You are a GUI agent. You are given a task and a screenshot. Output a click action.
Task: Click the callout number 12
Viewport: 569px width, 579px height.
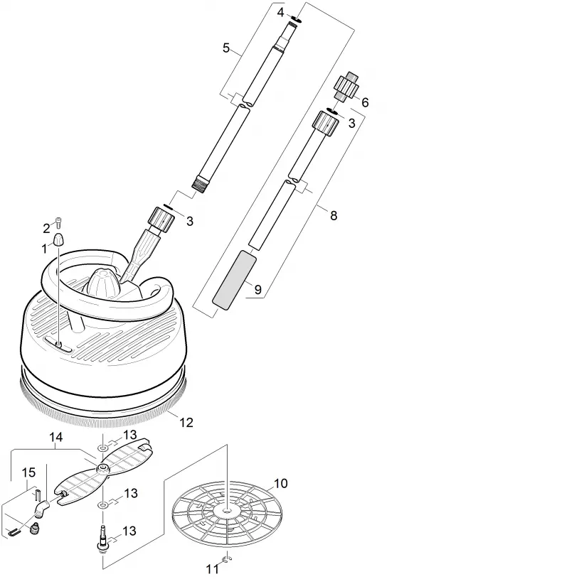pyautogui.click(x=186, y=422)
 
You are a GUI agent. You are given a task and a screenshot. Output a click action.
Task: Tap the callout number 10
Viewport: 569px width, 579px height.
pyautogui.click(x=281, y=483)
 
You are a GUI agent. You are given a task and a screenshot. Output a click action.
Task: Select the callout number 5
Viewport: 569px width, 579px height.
pyautogui.click(x=226, y=48)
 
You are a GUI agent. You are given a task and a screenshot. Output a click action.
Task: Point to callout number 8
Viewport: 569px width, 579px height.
pyautogui.click(x=334, y=215)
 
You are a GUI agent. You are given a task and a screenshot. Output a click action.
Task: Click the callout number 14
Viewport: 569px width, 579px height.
pyautogui.click(x=56, y=437)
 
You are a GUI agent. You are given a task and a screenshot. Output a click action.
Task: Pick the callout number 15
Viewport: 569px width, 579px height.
pyautogui.click(x=28, y=472)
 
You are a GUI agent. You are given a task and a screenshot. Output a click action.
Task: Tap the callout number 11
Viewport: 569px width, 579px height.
pyautogui.click(x=212, y=569)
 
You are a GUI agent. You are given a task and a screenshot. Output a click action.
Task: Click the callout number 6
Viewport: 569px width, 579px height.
pyautogui.click(x=365, y=102)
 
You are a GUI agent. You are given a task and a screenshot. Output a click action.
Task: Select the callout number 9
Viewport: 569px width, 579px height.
pyautogui.click(x=258, y=290)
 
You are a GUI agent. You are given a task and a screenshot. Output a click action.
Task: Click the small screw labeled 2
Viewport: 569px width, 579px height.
pyautogui.click(x=59, y=222)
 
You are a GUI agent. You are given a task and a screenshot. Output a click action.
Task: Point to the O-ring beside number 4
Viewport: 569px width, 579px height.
pyautogui.click(x=297, y=18)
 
